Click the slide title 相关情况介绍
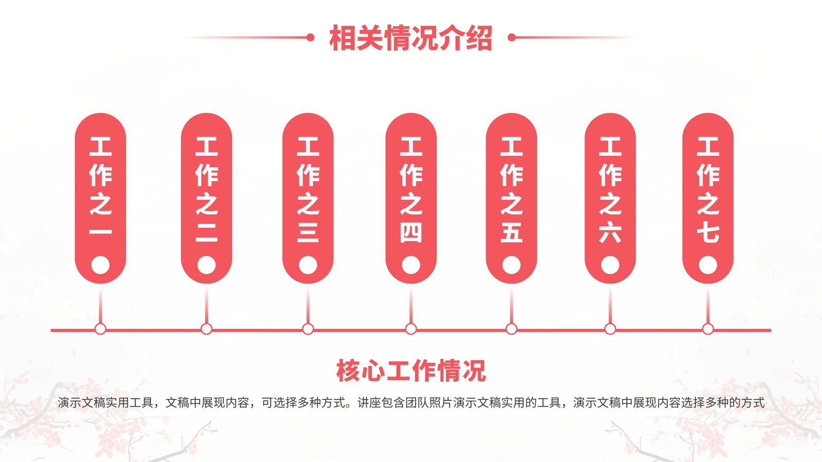pyautogui.click(x=410, y=38)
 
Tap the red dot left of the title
pyautogui.click(x=310, y=37)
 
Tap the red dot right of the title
pyautogui.click(x=512, y=37)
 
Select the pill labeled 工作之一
pyautogui.click(x=100, y=198)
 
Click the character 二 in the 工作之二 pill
pyautogui.click(x=207, y=232)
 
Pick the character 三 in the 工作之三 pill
pyautogui.click(x=308, y=232)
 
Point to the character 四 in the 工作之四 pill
pyautogui.click(x=411, y=232)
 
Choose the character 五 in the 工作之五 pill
pyautogui.click(x=512, y=232)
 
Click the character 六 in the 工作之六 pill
pyautogui.click(x=610, y=232)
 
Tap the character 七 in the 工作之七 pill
pyautogui.click(x=708, y=232)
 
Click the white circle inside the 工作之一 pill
pyautogui.click(x=100, y=265)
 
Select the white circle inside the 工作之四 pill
pyautogui.click(x=411, y=265)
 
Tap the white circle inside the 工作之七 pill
pyautogui.click(x=708, y=265)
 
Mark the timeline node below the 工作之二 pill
pyautogui.click(x=207, y=329)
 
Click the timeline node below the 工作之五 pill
pyautogui.click(x=512, y=329)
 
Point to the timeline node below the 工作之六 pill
pyautogui.click(x=610, y=329)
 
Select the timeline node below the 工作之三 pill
pyautogui.click(x=308, y=329)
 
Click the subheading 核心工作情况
pyautogui.click(x=411, y=371)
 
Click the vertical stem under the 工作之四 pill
pyautogui.click(x=411, y=304)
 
